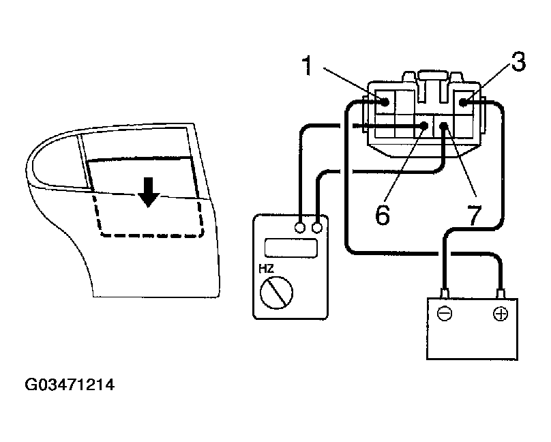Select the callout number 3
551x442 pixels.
pos(518,63)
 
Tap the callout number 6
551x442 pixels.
pos(382,213)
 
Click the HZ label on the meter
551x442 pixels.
pos(265,269)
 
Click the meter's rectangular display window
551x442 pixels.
pos(291,248)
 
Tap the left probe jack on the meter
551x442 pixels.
pos(300,227)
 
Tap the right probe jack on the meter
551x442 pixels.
pos(317,227)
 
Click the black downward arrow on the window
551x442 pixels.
pos(147,194)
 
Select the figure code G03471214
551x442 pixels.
pos(70,385)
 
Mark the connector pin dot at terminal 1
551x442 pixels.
pos(385,103)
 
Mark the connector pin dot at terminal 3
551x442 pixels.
pos(463,103)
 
